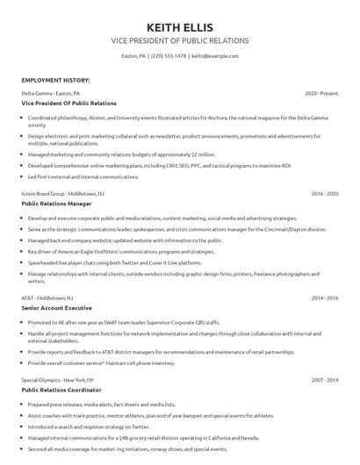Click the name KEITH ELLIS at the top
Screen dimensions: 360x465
tap(179, 27)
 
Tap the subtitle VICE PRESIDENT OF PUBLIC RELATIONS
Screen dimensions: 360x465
tap(179, 41)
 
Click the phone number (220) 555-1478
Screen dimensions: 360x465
tap(168, 55)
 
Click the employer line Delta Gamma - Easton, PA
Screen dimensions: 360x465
tap(51, 92)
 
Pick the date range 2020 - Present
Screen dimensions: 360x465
tap(321, 92)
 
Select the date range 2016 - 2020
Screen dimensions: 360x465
tap(324, 192)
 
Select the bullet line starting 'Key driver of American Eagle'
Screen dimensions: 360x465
tap(120, 250)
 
